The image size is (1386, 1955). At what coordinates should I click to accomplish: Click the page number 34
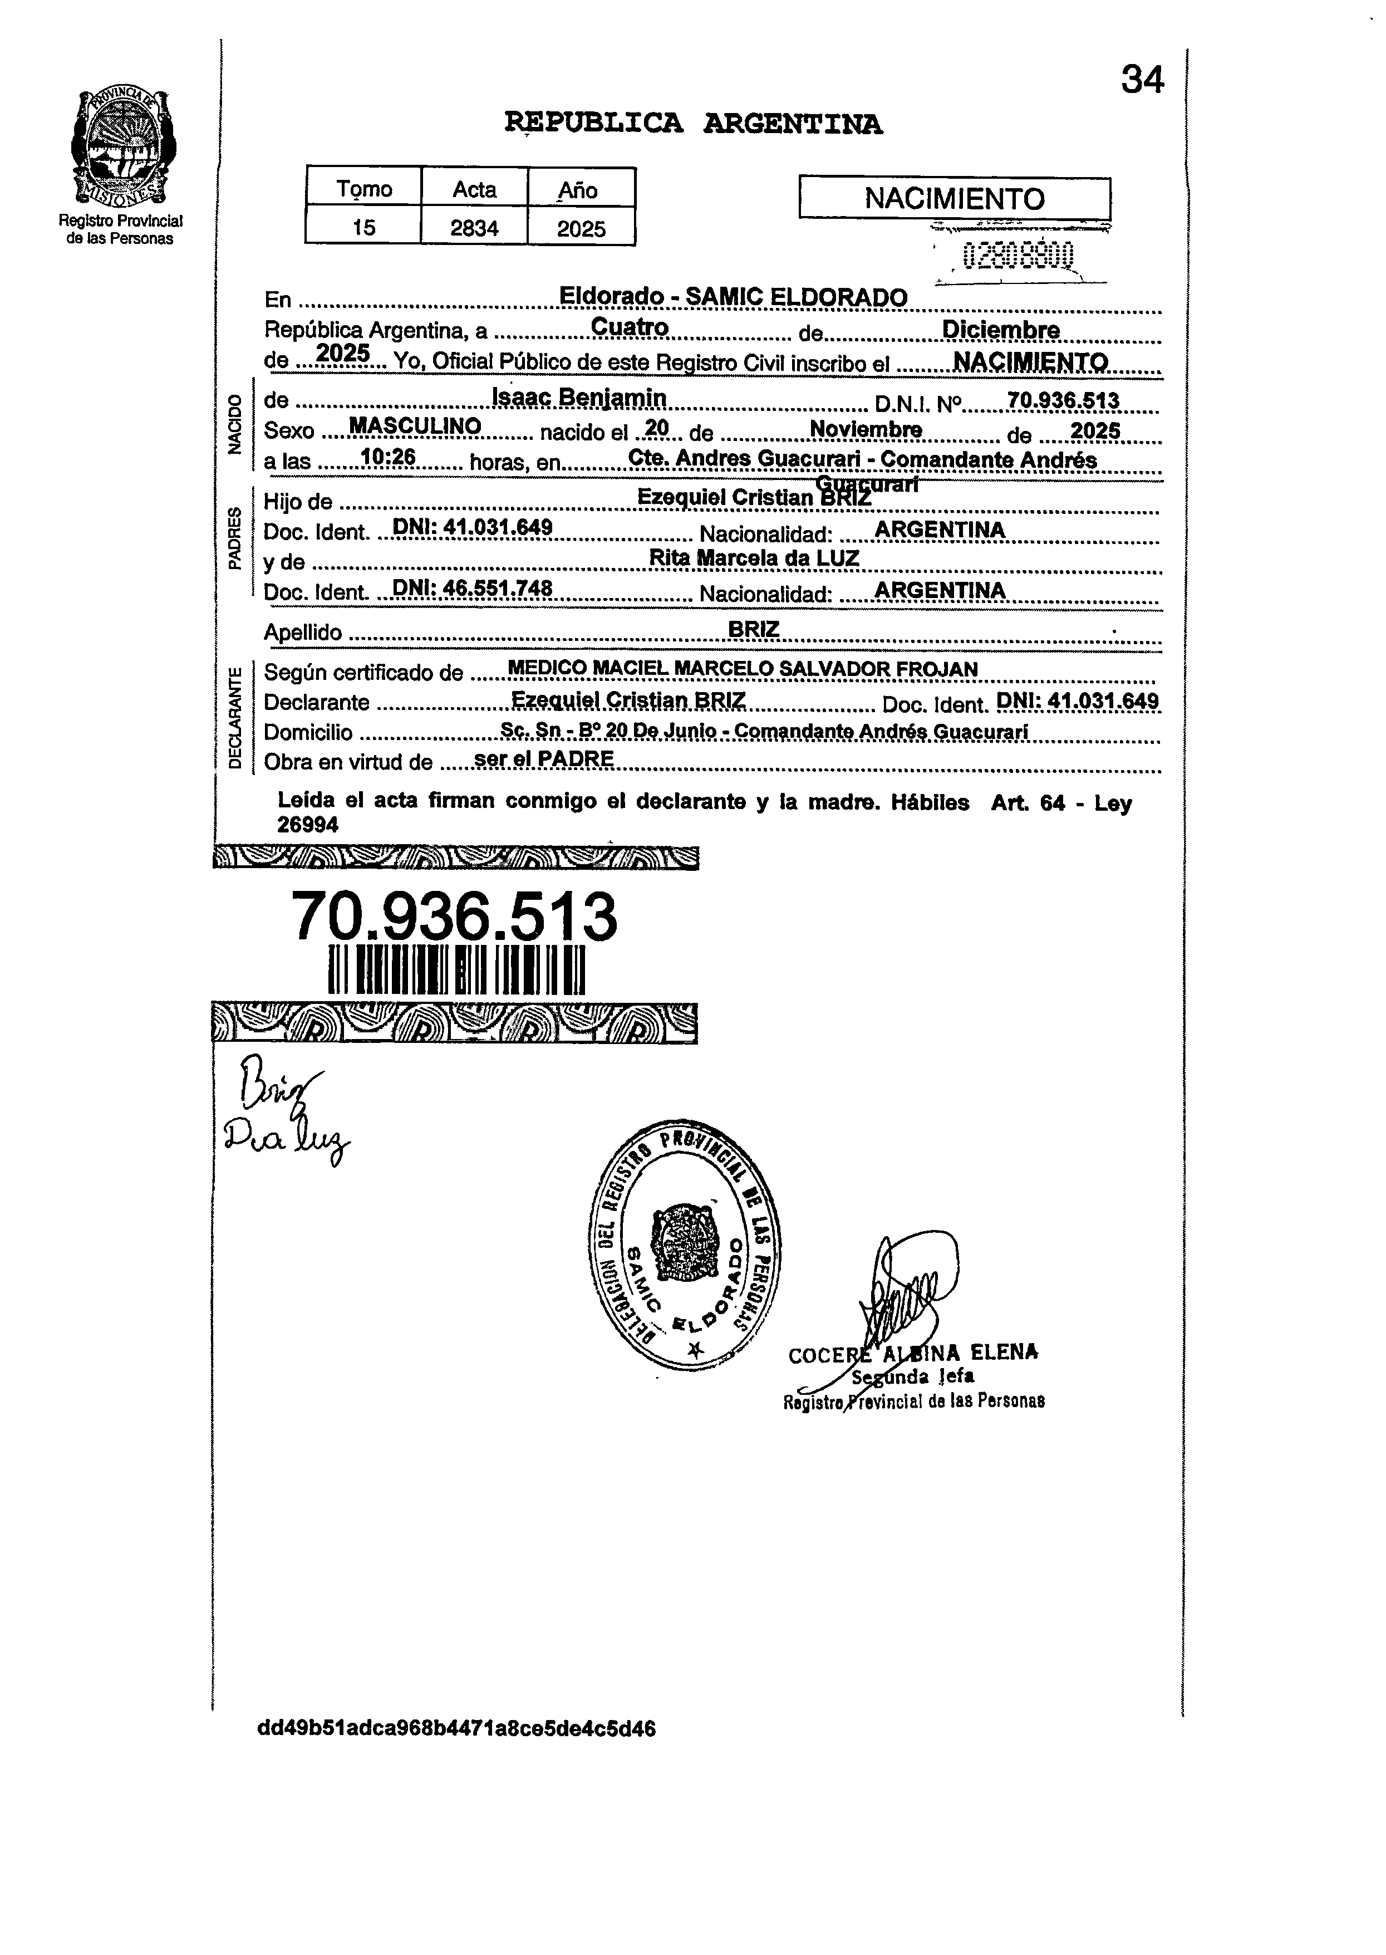tap(1142, 80)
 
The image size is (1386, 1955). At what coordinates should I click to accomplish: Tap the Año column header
tap(579, 189)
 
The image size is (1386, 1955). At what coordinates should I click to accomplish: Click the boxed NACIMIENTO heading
tap(954, 199)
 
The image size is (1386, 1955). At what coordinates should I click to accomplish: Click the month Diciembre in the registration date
tap(1000, 330)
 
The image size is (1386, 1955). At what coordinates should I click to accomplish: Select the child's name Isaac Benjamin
tap(579, 398)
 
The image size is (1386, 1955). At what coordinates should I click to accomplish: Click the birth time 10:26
tap(389, 458)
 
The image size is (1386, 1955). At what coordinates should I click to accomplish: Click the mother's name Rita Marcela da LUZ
tap(754, 558)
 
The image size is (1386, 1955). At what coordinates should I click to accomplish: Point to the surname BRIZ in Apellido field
tap(754, 629)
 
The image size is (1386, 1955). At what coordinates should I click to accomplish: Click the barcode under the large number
tap(456, 970)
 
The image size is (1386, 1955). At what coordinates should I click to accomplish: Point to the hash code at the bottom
tap(456, 1729)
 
